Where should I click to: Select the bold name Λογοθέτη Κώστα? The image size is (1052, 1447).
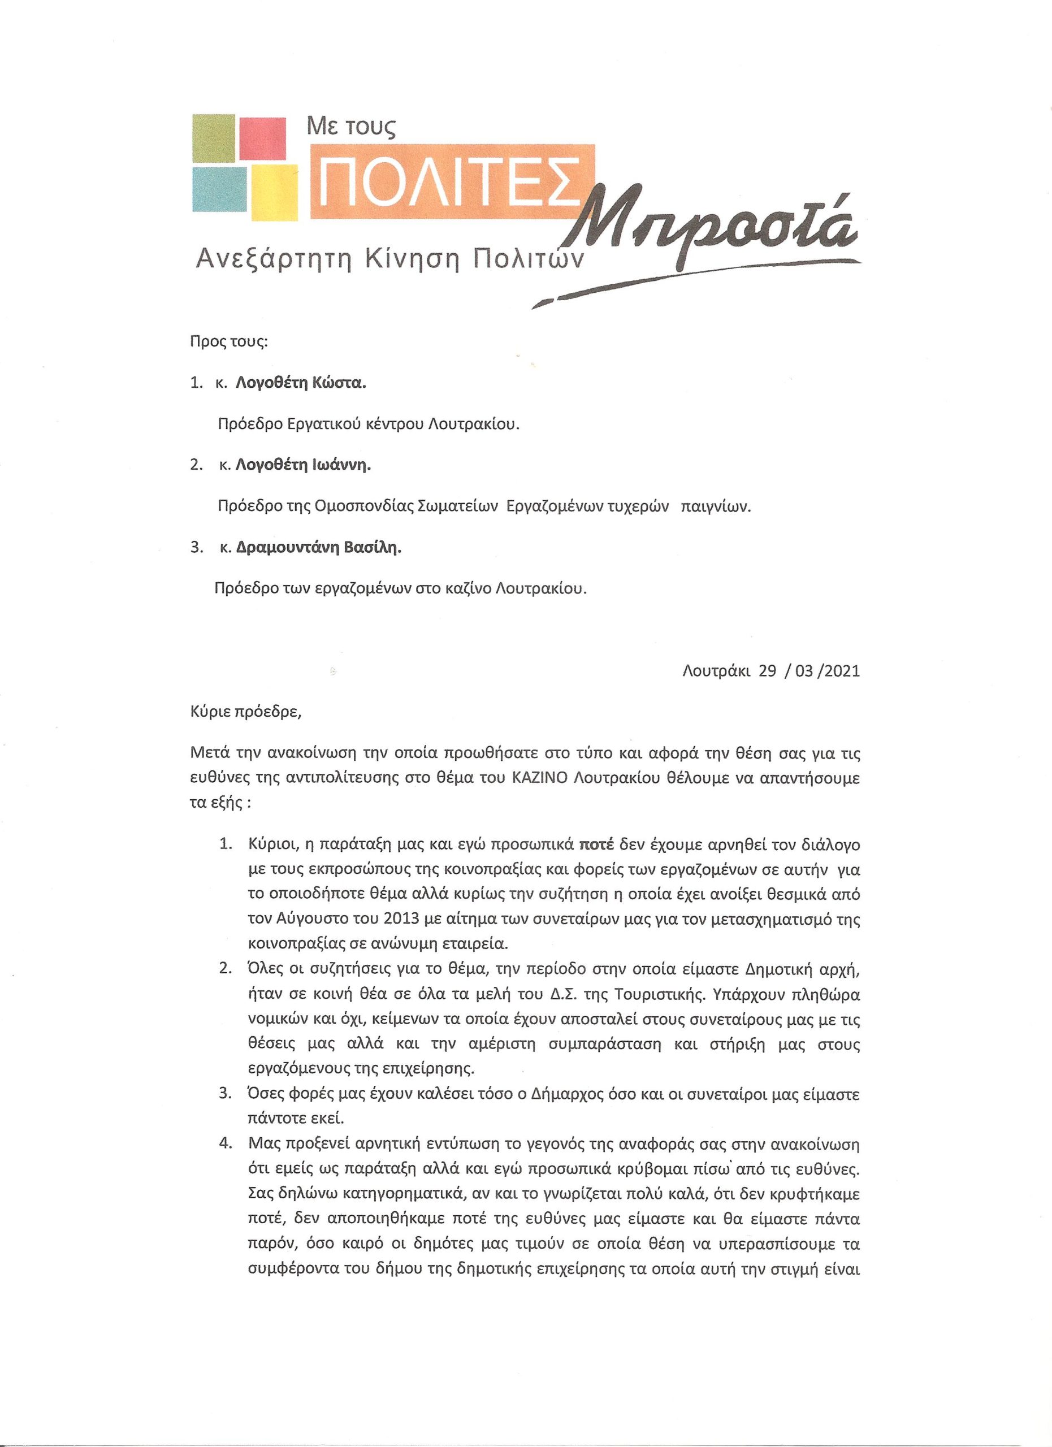point(302,383)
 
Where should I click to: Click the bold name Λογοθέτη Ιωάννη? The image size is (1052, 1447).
point(304,465)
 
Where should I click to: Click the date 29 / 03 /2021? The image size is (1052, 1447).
point(809,671)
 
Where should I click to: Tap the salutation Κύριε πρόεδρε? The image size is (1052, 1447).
point(245,712)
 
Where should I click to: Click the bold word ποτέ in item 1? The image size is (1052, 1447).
point(596,846)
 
